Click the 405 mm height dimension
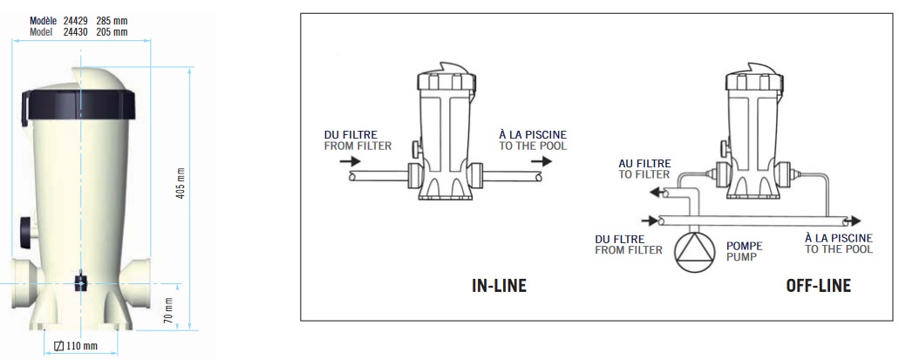click(180, 181)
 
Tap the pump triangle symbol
click(694, 251)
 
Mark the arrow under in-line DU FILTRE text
click(348, 161)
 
